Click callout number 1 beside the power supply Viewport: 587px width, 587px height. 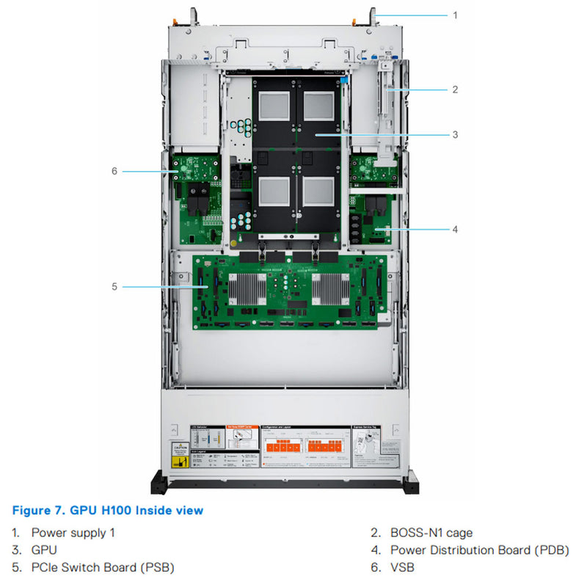click(x=455, y=15)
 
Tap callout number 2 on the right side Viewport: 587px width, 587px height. click(x=455, y=90)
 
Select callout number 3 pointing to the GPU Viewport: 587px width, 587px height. click(x=455, y=134)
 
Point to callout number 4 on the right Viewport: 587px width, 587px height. click(x=455, y=229)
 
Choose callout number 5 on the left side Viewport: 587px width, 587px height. click(x=114, y=286)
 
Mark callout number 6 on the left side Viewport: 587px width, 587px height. click(x=114, y=171)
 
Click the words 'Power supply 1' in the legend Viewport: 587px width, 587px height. click(x=73, y=533)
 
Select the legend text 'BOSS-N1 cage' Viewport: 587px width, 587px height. click(x=431, y=533)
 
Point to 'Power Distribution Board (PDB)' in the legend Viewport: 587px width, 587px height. click(x=479, y=550)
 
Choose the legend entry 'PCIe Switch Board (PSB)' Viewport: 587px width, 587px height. click(x=103, y=567)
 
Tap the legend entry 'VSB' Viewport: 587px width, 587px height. click(x=402, y=567)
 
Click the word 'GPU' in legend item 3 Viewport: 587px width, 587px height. click(x=44, y=550)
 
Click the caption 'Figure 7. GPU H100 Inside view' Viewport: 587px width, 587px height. click(x=108, y=510)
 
